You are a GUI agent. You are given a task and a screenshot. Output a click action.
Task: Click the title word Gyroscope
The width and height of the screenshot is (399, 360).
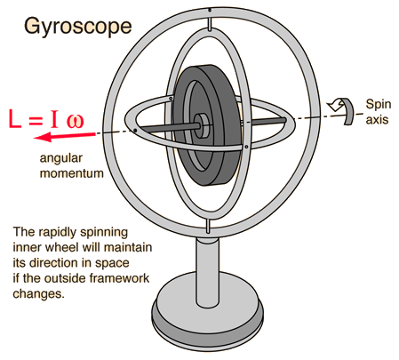pos(77,27)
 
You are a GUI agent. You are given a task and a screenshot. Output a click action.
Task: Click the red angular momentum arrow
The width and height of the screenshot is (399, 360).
pos(64,137)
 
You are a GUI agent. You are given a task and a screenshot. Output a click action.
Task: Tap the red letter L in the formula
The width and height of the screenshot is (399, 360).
pos(15,119)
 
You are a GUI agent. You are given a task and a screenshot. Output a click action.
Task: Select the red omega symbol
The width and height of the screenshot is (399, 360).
pos(75,121)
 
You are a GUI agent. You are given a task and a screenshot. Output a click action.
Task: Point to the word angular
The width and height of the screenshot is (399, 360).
pos(61,158)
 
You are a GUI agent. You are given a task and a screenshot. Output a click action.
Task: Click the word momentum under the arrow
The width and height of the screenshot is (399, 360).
pos(72,173)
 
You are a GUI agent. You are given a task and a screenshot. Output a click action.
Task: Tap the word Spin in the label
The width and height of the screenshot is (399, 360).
pos(379,105)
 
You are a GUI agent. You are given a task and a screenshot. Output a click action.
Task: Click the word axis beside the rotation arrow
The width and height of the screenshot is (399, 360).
pos(377,119)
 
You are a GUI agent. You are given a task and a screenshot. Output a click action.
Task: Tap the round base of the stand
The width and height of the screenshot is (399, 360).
pos(207,313)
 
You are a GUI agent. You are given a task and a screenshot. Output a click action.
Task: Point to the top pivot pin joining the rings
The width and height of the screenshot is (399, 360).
pos(210,24)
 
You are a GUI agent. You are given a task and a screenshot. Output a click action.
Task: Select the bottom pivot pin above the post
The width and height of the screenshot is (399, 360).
pos(208,227)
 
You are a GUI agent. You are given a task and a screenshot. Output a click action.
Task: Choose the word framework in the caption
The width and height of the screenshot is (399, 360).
pos(119,278)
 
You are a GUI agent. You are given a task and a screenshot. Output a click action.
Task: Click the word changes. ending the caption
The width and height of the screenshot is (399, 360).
pos(38,294)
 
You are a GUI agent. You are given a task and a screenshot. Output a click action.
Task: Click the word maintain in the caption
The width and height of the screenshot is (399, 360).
pos(128,247)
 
